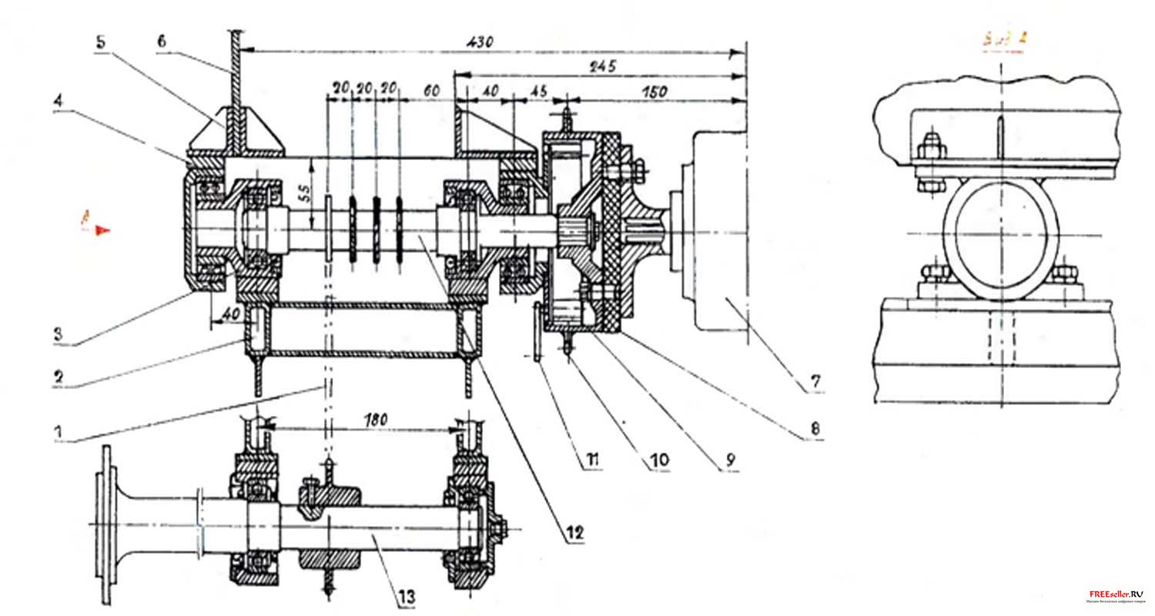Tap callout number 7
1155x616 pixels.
[x=815, y=381]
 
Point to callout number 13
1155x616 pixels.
[x=406, y=594]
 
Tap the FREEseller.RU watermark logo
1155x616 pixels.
[x=1115, y=595]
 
